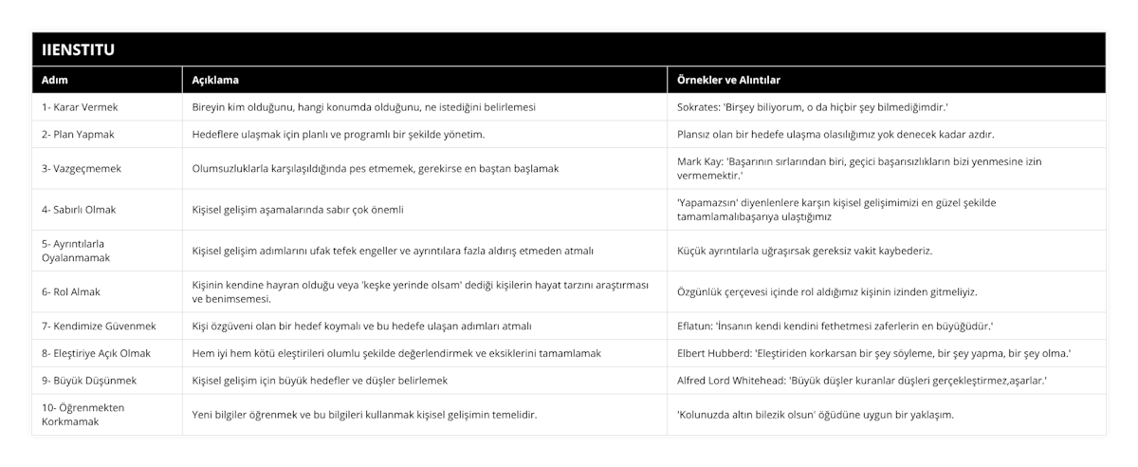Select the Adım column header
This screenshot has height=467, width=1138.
(x=55, y=80)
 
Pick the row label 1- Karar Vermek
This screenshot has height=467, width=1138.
(x=81, y=107)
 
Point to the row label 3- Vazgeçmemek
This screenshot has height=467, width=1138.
(x=82, y=168)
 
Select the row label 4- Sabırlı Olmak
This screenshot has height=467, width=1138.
(x=80, y=209)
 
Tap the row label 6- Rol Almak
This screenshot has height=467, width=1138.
(x=71, y=291)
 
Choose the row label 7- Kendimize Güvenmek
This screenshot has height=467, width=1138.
(x=100, y=326)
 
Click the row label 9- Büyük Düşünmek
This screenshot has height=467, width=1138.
(x=90, y=380)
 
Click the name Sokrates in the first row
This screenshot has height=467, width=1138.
(x=698, y=107)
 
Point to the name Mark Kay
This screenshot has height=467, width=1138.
(x=700, y=161)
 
